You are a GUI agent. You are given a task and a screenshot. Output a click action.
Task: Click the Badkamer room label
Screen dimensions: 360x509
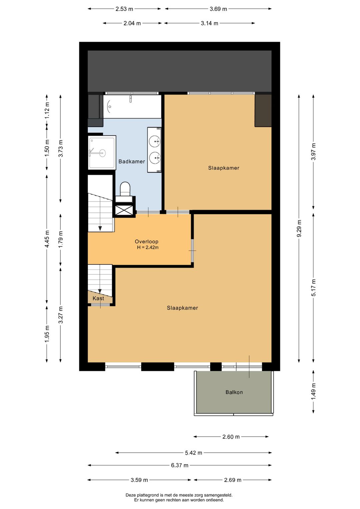pos(132,161)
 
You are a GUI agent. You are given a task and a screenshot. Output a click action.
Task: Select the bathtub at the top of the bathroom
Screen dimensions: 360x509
pos(132,106)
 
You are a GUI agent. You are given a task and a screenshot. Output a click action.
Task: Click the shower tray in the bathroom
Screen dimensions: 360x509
pos(102,152)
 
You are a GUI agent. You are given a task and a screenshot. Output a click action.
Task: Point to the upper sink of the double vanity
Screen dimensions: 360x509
pos(155,141)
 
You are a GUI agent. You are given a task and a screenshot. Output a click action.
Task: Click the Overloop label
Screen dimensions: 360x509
pos(146,241)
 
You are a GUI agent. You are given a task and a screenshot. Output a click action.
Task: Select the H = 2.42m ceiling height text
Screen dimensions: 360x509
pos(148,247)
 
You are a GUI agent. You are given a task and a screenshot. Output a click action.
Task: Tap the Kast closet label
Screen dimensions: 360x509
pos(98,298)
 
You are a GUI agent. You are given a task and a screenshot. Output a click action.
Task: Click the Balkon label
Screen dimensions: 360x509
pos(234,392)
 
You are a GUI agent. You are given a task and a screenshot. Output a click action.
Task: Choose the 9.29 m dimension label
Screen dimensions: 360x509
pos(299,228)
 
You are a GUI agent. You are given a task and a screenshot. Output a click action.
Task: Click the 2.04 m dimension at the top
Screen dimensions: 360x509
pos(132,23)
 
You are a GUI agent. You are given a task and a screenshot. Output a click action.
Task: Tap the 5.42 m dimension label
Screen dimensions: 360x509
pos(194,453)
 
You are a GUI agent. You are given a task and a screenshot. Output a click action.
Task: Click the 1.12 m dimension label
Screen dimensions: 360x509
pos(47,110)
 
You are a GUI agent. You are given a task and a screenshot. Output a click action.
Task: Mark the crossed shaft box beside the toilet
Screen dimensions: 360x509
pos(124,210)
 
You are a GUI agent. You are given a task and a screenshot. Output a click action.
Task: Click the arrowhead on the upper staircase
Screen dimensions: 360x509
pos(100,228)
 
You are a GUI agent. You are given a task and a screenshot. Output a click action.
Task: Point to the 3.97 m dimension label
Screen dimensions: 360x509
pos(313,151)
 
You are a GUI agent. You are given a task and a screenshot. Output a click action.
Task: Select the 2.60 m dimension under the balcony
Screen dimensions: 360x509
pos(231,437)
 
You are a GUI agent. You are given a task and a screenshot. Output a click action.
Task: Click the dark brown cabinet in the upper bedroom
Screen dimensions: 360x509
pos(263,111)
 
